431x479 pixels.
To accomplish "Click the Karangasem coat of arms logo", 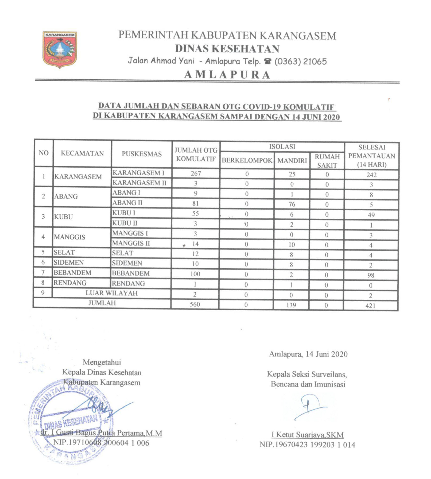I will click(60, 49).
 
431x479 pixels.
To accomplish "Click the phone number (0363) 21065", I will click(300, 61).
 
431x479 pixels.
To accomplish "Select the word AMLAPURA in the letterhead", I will click(227, 75).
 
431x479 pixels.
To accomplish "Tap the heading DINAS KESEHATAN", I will click(227, 49).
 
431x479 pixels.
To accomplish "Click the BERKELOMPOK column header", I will click(247, 160).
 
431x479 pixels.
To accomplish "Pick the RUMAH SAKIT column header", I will click(327, 161).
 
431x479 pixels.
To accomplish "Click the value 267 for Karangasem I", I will click(196, 173).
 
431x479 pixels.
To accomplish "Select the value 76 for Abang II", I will click(292, 204).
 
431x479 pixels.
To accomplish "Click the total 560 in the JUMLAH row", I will click(195, 304).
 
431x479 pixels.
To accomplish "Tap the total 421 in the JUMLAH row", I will click(370, 306).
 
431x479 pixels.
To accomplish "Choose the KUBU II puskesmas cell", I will click(125, 223).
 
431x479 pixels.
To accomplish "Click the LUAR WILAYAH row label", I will click(111, 293).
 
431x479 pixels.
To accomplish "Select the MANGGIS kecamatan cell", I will click(69, 237).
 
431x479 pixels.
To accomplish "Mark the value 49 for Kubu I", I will click(371, 215).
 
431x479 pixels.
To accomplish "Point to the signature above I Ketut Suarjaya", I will click(310, 407).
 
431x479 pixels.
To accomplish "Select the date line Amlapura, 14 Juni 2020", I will click(308, 354).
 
